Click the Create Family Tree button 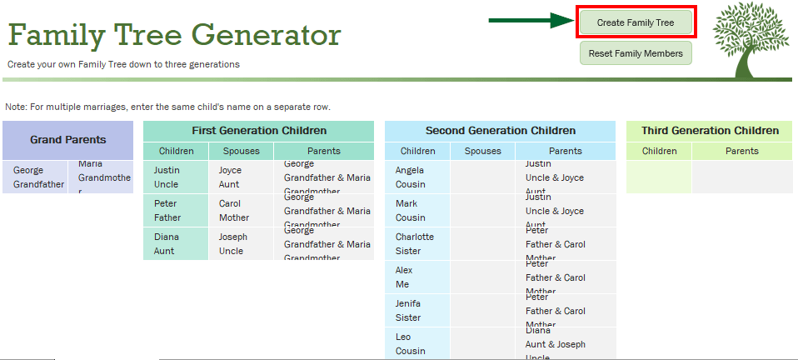click(x=636, y=22)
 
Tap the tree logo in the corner click(x=750, y=41)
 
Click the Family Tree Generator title click(x=174, y=36)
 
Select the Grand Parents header click(x=67, y=140)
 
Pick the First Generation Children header click(x=259, y=131)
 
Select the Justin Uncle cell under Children click(x=176, y=177)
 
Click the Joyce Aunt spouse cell click(x=241, y=177)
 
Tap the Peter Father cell click(x=176, y=210)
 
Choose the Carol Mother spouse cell click(x=241, y=210)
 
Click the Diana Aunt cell click(x=176, y=243)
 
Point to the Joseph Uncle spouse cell click(x=241, y=243)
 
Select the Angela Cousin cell click(x=417, y=177)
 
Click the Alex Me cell click(x=417, y=277)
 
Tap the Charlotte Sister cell click(x=417, y=243)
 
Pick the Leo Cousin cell click(x=417, y=343)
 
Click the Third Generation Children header click(x=710, y=131)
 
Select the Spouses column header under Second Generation click(x=482, y=151)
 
